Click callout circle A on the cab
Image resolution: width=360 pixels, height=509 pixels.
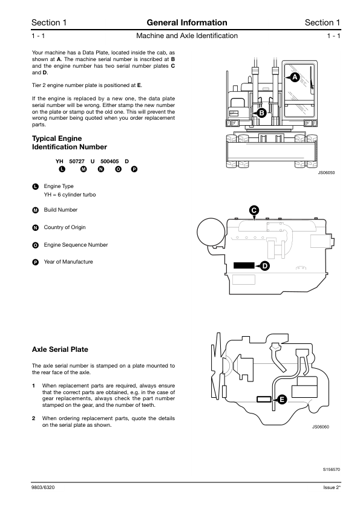click(295, 77)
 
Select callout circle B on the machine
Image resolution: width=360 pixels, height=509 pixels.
click(261, 113)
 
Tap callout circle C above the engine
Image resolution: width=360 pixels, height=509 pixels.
click(254, 210)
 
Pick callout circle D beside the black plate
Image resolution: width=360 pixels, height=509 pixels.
click(265, 266)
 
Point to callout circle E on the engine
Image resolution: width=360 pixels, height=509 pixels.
click(282, 399)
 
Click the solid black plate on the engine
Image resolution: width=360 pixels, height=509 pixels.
click(244, 265)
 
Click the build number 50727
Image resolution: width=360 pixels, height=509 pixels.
click(77, 161)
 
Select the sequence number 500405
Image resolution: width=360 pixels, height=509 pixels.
click(110, 161)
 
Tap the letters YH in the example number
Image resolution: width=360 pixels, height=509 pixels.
click(59, 161)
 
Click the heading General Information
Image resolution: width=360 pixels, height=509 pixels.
click(187, 22)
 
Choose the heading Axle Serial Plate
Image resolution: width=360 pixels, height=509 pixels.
click(60, 349)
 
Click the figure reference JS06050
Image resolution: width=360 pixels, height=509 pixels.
click(326, 173)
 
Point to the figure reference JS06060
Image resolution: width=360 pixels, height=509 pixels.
click(321, 427)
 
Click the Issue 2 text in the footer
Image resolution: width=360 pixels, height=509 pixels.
click(332, 488)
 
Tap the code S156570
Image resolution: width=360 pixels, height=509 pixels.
click(332, 469)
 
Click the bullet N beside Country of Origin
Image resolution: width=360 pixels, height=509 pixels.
click(36, 227)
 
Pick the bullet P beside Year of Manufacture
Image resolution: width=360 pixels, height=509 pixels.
click(36, 262)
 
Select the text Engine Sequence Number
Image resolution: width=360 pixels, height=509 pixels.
click(76, 245)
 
